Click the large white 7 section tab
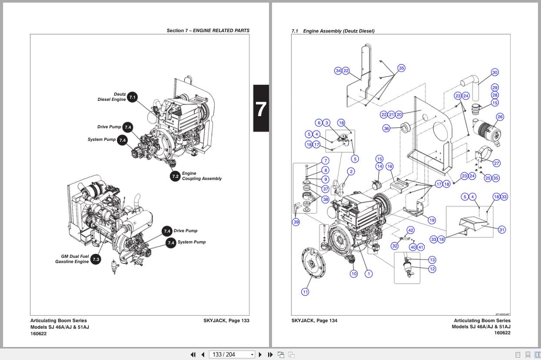pyautogui.click(x=261, y=109)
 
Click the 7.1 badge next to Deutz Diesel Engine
pyautogui.click(x=132, y=97)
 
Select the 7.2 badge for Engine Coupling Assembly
pyautogui.click(x=175, y=176)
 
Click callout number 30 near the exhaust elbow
pyautogui.click(x=495, y=72)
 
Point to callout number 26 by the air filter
pyautogui.click(x=500, y=117)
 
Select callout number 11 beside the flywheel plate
pyautogui.click(x=305, y=292)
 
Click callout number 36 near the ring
pyautogui.click(x=386, y=128)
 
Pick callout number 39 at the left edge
pyautogui.click(x=296, y=222)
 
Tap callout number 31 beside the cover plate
pyautogui.click(x=502, y=230)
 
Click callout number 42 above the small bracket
pyautogui.click(x=410, y=230)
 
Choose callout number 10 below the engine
pyautogui.click(x=354, y=273)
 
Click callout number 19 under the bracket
pyautogui.click(x=431, y=220)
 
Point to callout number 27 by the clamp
pyautogui.click(x=496, y=163)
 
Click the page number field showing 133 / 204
pyautogui.click(x=231, y=354)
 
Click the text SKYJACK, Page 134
pyautogui.click(x=314, y=320)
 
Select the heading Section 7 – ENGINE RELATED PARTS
pyautogui.click(x=208, y=30)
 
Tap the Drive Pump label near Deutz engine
pyautogui.click(x=109, y=127)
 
